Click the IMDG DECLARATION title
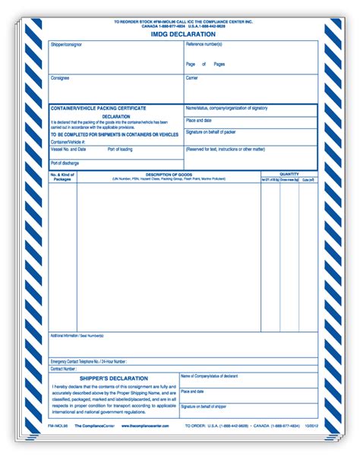pyautogui.click(x=182, y=34)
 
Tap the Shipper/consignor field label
pyautogui.click(x=66, y=45)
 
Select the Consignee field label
pyautogui.click(x=60, y=77)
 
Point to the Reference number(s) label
pyautogui.click(x=206, y=45)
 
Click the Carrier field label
pyautogui.click(x=191, y=77)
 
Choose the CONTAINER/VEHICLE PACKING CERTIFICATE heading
pyautogui.click(x=98, y=108)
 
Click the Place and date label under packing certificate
pyautogui.click(x=199, y=120)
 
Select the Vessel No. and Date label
pyautogui.click(x=68, y=149)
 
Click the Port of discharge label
pyautogui.click(x=66, y=162)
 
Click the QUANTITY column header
pyautogui.click(x=289, y=174)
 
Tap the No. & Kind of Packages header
pyautogui.click(x=62, y=177)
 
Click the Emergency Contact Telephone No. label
pyautogui.click(x=88, y=362)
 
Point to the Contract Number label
pyautogui.click(x=64, y=369)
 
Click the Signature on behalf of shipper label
pyautogui.click(x=204, y=407)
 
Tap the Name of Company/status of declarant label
pyautogui.click(x=209, y=376)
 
